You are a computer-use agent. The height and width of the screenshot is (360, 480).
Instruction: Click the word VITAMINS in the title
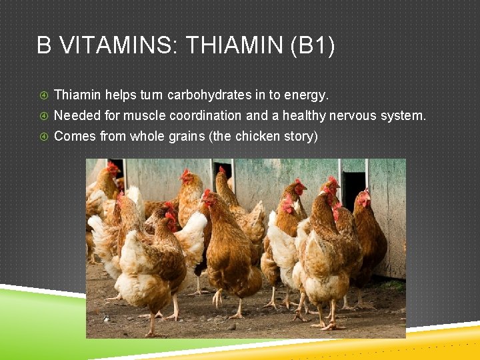coord(111,46)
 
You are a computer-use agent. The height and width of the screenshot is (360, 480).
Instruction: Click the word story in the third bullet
coord(301,136)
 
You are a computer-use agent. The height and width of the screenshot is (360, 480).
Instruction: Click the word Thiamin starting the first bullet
coord(77,95)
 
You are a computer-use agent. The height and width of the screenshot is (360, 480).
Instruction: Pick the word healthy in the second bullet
coord(304,115)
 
